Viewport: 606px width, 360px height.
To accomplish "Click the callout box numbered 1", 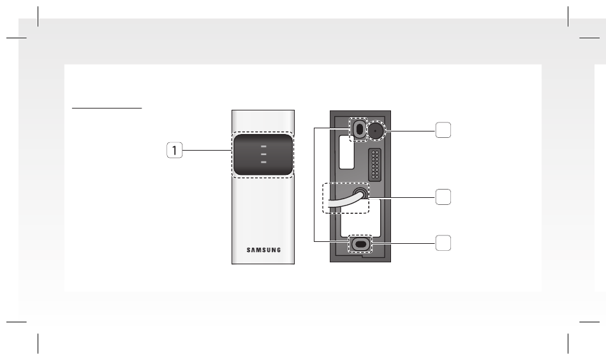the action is pyautogui.click(x=174, y=150).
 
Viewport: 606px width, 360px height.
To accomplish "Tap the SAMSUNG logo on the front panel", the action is pyautogui.click(x=263, y=250).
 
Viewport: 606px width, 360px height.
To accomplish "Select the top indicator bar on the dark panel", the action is pyautogui.click(x=263, y=147).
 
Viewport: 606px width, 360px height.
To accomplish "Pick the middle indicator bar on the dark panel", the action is pyautogui.click(x=263, y=154).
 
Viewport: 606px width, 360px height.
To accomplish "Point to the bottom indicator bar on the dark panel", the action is pyautogui.click(x=263, y=162).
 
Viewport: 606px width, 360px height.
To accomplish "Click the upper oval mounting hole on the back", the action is pyautogui.click(x=359, y=129).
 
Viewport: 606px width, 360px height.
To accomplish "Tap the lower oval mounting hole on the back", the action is pyautogui.click(x=360, y=244).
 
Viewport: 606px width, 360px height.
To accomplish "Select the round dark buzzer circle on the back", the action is pyautogui.click(x=375, y=131).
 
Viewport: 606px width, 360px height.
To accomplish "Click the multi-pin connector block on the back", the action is pyautogui.click(x=375, y=165).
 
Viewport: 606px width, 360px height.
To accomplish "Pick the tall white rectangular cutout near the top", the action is pyautogui.click(x=346, y=152).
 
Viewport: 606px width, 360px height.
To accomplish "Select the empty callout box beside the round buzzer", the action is pyautogui.click(x=443, y=130).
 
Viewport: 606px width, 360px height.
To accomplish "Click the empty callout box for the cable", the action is pyautogui.click(x=443, y=197).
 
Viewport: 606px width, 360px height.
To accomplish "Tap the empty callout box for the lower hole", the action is pyautogui.click(x=443, y=243).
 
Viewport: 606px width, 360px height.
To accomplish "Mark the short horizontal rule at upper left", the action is pyautogui.click(x=107, y=108).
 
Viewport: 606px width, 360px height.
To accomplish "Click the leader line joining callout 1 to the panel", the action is pyautogui.click(x=207, y=150).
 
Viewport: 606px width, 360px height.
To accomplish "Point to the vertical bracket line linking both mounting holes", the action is pyautogui.click(x=314, y=184).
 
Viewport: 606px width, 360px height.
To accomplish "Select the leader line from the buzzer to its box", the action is pyautogui.click(x=410, y=131).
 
